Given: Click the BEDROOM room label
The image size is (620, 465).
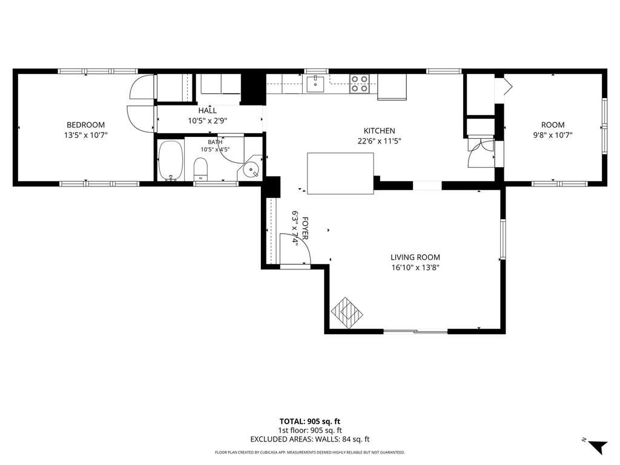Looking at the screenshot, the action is (x=85, y=125).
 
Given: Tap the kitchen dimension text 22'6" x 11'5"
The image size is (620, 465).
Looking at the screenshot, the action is (x=379, y=141).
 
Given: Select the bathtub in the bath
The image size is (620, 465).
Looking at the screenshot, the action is (x=171, y=160).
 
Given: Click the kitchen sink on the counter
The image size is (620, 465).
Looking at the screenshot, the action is (x=315, y=84).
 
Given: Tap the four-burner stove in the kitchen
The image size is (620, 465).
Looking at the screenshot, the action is (x=359, y=84).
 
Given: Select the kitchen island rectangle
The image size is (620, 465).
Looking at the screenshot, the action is (x=340, y=174).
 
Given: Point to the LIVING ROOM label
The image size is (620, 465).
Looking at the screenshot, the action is (x=415, y=257).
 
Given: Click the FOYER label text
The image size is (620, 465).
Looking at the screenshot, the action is (x=305, y=228).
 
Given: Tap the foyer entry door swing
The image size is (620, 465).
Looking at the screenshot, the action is (x=295, y=249).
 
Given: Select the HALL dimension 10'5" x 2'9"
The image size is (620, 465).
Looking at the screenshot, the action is (x=208, y=120).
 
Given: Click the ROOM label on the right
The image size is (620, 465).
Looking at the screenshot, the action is (x=553, y=125).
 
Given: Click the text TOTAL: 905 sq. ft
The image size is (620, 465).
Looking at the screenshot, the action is (x=310, y=421).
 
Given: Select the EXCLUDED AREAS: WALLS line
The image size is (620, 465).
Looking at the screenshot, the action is (x=310, y=439).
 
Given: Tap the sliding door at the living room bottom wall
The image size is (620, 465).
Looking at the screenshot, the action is (x=415, y=331).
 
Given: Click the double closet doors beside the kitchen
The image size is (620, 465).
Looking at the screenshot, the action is (x=481, y=152).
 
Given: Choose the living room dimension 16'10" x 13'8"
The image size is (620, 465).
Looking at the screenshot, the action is (x=415, y=268).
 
